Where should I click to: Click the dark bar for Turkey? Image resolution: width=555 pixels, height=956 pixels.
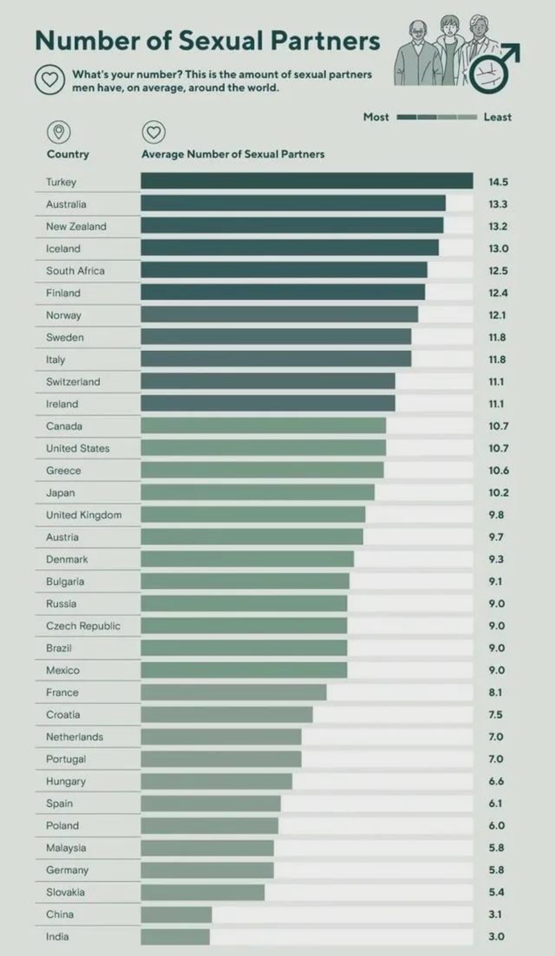306,181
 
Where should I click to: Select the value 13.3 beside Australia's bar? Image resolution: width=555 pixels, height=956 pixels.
498,204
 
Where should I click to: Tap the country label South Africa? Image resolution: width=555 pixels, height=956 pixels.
75,271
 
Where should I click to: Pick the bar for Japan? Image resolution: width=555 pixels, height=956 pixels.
257,492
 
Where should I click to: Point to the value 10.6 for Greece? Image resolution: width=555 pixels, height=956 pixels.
498,470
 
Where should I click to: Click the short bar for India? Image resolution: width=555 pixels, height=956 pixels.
175,937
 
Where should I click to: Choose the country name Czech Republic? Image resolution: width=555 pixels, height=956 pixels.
83,626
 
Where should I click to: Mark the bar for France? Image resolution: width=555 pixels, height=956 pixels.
233,692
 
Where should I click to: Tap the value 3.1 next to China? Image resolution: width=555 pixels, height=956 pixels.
495,914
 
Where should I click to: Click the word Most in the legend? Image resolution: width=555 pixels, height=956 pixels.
376,117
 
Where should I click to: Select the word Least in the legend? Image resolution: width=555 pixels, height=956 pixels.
497,117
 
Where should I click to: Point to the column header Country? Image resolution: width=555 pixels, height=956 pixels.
68,154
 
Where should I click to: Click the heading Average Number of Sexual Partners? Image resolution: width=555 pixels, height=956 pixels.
233,154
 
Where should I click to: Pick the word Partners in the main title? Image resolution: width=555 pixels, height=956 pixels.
325,41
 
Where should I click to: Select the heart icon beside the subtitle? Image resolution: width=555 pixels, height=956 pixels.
49,80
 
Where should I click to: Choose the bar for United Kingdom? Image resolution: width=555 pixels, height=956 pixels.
253,515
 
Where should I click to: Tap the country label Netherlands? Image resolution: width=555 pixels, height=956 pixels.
74,737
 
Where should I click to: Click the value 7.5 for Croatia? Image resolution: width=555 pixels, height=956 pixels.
495,715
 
